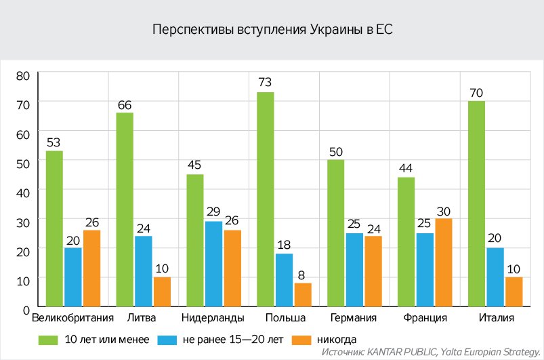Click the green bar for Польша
pos(266,199)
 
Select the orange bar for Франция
pos(443,262)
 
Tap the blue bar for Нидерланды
pos(214,264)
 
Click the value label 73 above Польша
pos(266,83)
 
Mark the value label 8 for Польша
pos(302,273)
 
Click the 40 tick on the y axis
pos(23,192)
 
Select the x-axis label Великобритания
pos(73,318)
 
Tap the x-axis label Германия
pos(354,318)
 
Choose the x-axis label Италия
pos(495,318)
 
